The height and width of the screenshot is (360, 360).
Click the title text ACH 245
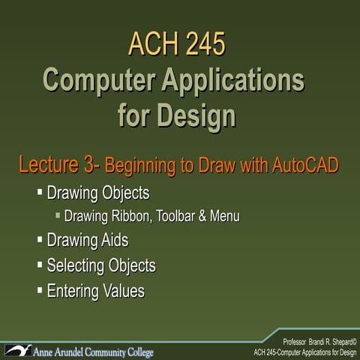pyautogui.click(x=176, y=43)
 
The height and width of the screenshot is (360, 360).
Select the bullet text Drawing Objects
pyautogui.click(x=97, y=193)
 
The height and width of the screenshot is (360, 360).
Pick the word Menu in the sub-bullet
pyautogui.click(x=225, y=217)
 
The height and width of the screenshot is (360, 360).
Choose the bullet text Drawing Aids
pyautogui.click(x=87, y=241)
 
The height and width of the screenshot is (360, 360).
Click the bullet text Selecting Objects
pyautogui.click(x=101, y=265)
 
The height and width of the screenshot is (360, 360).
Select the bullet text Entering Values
pyautogui.click(x=95, y=290)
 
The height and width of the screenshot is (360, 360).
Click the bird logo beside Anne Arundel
pyautogui.click(x=18, y=349)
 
